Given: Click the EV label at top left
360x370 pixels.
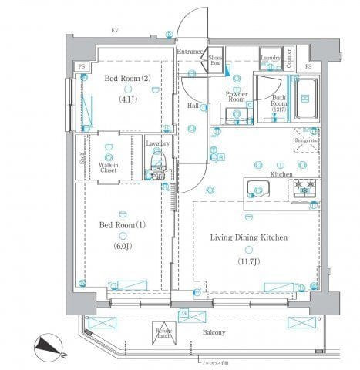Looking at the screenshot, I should (x=113, y=30).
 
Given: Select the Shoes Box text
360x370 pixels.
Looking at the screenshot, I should (x=216, y=59).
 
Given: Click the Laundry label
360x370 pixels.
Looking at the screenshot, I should (x=269, y=59).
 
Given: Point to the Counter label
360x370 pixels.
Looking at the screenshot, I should (x=290, y=55).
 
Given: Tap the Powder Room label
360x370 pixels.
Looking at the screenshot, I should (x=235, y=96).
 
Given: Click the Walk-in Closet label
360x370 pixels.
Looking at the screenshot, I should (x=108, y=167).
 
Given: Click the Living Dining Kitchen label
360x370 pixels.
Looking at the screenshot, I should (x=250, y=238).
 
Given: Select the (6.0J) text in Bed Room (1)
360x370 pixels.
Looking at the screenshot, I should (x=123, y=247).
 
